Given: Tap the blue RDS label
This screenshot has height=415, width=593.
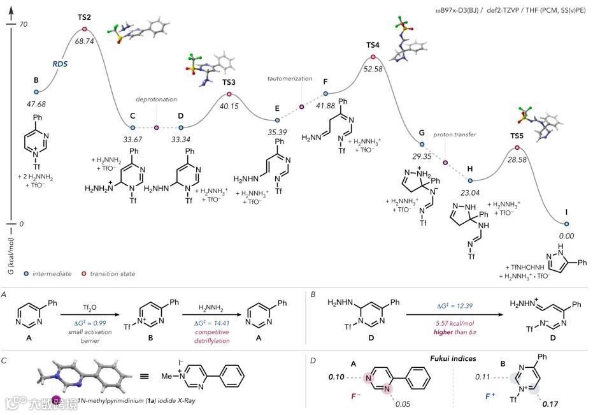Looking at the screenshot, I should (60, 64).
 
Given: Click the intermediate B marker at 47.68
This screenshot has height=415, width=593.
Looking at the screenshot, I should (36, 91).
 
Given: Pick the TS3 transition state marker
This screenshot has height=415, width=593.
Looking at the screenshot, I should (229, 94).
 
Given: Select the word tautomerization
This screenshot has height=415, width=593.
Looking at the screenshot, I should (290, 78).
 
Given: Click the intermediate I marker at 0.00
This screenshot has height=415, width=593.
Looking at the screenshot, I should (566, 224).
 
